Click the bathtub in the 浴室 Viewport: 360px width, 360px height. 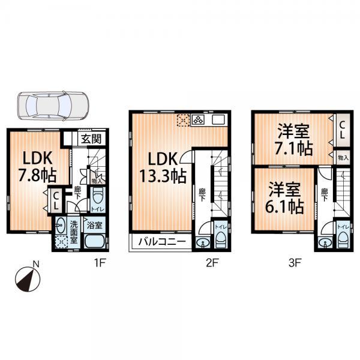tap(95, 242)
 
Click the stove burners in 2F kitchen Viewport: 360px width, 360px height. tap(198, 119)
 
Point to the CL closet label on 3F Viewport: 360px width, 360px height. tap(341, 131)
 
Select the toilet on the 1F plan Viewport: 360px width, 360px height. tap(98, 197)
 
